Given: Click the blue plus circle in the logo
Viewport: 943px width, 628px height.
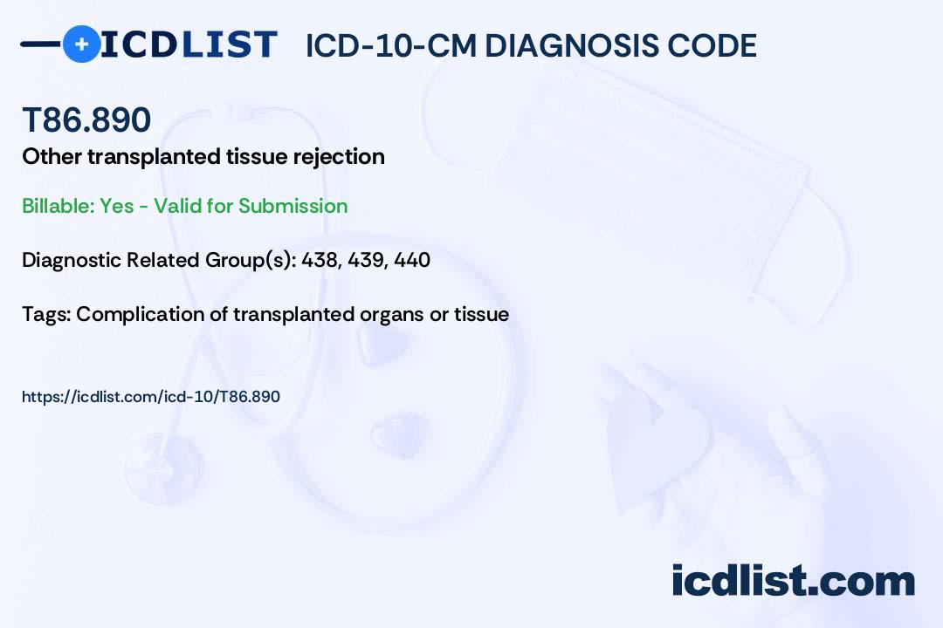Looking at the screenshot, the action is tap(81, 44).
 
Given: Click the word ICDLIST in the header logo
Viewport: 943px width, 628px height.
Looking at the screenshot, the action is tap(189, 44).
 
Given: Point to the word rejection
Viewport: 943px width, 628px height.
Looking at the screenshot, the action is tap(339, 157).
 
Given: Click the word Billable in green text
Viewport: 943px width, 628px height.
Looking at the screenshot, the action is tap(58, 206).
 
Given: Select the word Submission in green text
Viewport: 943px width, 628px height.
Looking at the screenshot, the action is tap(293, 206).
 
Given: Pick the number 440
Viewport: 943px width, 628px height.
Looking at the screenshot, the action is tap(412, 260).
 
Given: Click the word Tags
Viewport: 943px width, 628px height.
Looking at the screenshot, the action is tap(46, 314).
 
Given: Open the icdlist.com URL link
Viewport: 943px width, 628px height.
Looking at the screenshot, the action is tap(151, 397).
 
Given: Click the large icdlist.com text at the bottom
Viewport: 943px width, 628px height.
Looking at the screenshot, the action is tap(793, 580).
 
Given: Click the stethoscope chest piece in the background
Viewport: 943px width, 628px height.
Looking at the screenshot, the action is tap(162, 468).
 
